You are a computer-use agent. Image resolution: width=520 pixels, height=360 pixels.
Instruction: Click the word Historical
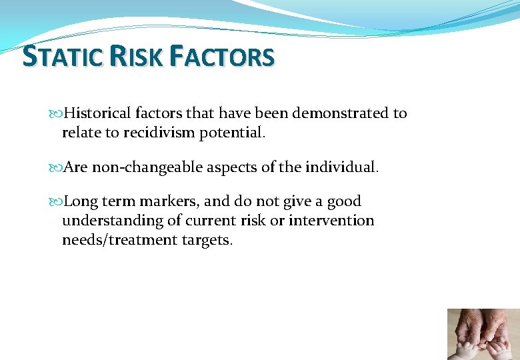(x=99, y=113)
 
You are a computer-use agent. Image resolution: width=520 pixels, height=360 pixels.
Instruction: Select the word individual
(x=341, y=167)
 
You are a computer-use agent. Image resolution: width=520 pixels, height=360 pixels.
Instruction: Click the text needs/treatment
(x=119, y=240)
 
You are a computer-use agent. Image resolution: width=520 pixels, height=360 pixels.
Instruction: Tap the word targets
(x=207, y=240)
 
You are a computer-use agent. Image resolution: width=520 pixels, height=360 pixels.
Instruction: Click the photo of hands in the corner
(x=483, y=333)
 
